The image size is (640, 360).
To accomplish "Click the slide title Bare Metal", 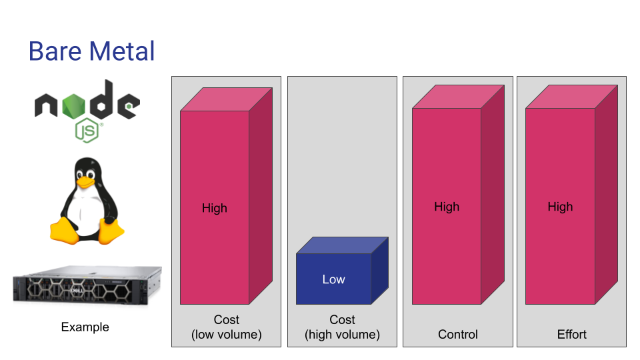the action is pyautogui.click(x=91, y=51).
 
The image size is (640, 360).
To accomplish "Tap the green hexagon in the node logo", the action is pyautogui.click(x=74, y=106).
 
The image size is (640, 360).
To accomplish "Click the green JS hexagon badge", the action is pyautogui.click(x=87, y=131).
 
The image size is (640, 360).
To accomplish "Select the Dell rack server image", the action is pyautogui.click(x=87, y=285).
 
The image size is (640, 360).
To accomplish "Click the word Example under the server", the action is pyautogui.click(x=85, y=327).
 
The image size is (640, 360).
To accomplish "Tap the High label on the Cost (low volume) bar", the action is pyautogui.click(x=214, y=208).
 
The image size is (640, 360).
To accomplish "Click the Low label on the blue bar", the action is pyautogui.click(x=333, y=279).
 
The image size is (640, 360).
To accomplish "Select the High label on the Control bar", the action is pyautogui.click(x=447, y=207).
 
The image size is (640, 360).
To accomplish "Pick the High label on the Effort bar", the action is pyautogui.click(x=560, y=207).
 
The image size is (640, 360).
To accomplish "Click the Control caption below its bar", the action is pyautogui.click(x=457, y=334).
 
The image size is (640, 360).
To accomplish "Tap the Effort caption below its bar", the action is pyautogui.click(x=571, y=334).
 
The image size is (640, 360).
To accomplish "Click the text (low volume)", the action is pyautogui.click(x=227, y=335).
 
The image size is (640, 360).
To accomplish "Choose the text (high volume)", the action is pyautogui.click(x=342, y=335).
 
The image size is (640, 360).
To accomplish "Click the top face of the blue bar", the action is pyautogui.click(x=342, y=245).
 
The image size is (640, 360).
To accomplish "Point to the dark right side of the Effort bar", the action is pyautogui.click(x=606, y=194).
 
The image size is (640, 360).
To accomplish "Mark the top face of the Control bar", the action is pyautogui.click(x=459, y=97).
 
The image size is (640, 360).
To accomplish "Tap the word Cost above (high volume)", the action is pyautogui.click(x=342, y=319).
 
